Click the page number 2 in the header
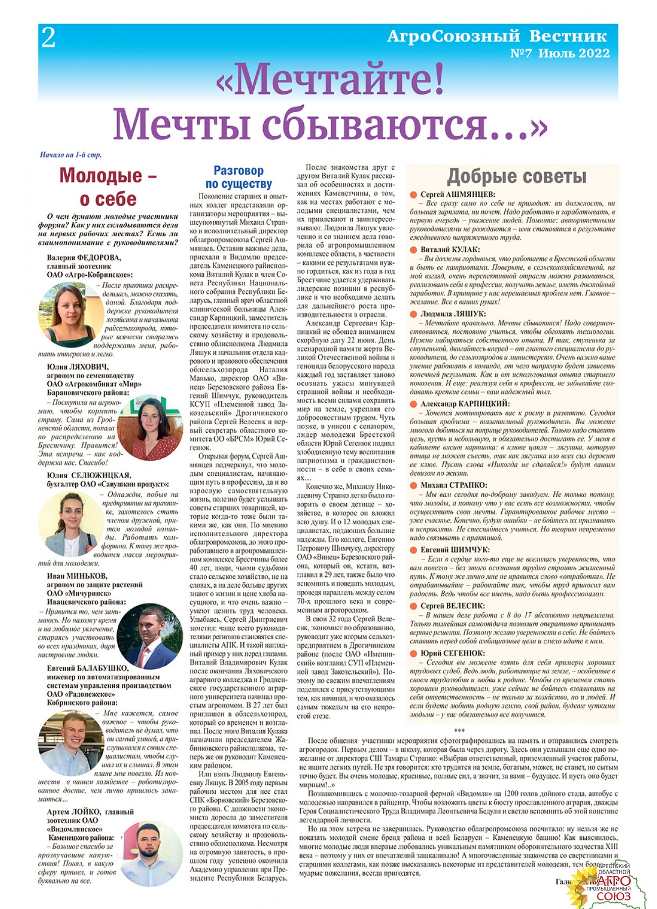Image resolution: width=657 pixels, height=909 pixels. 48,38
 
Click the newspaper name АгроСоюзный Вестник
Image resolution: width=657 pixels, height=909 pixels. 497,36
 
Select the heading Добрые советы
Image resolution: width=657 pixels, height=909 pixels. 517,176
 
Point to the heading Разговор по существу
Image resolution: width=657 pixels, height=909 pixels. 239,177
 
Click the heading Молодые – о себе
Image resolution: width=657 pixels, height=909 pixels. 108,187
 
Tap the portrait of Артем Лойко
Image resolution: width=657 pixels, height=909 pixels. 152,853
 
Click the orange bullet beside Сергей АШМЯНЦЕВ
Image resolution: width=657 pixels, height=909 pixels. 413,194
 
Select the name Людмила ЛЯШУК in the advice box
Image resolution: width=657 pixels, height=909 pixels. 453,314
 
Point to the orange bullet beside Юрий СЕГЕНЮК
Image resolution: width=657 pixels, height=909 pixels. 413,653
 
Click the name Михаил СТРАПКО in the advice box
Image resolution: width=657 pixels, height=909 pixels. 453,485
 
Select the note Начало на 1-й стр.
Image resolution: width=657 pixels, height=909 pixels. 70,155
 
